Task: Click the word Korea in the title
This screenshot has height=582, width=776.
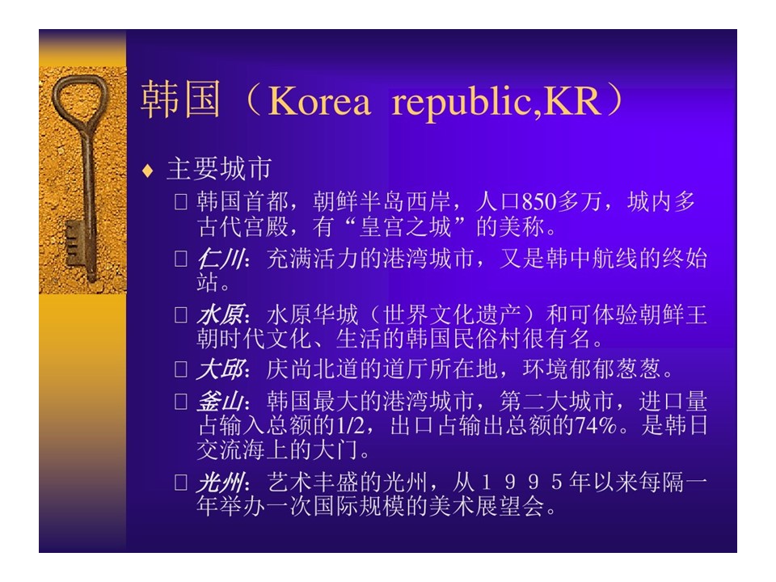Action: [319, 102]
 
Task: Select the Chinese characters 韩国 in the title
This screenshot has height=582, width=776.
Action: [180, 99]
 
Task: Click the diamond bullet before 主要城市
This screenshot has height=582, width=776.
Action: [147, 171]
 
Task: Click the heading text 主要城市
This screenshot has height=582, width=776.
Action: [219, 169]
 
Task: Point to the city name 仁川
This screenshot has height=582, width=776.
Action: [220, 259]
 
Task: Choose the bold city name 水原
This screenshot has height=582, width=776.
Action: [220, 314]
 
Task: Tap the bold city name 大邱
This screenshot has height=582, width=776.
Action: [220, 369]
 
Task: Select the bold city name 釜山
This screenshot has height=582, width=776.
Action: [220, 402]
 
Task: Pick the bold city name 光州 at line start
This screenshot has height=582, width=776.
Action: [220, 483]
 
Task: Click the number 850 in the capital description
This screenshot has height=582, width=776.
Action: [539, 202]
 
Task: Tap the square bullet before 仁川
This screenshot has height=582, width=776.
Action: [180, 259]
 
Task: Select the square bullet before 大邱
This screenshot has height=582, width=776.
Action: [180, 369]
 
